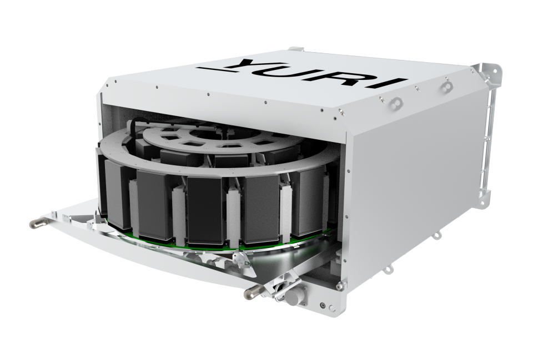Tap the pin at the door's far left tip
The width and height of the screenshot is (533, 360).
point(37,223)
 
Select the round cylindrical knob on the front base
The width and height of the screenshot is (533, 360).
point(294,296)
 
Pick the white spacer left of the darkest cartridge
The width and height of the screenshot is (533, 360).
point(179,212)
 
